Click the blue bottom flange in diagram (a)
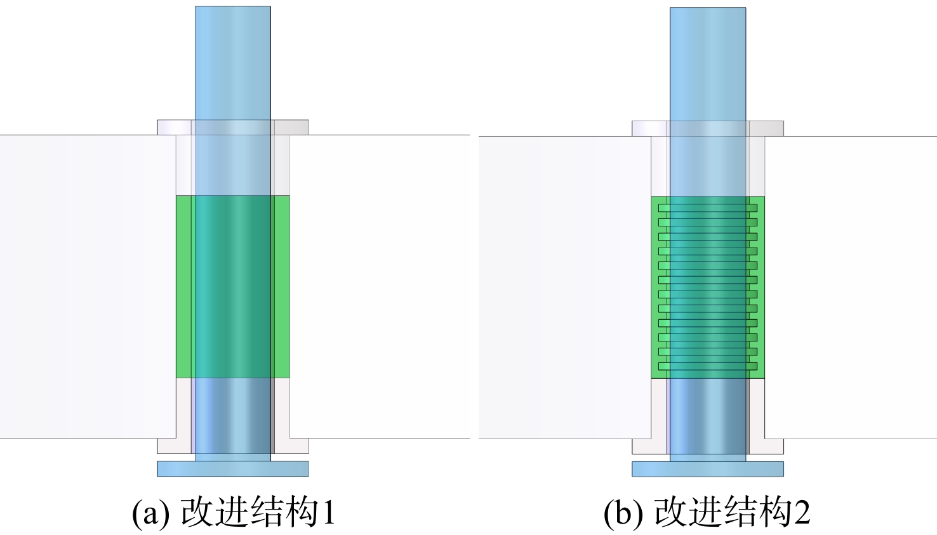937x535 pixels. tap(233, 468)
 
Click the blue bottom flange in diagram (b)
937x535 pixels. tap(708, 469)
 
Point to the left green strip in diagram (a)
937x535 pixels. tap(183, 287)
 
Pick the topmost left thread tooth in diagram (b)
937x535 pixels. tap(664, 208)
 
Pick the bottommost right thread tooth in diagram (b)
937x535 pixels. tap(752, 366)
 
